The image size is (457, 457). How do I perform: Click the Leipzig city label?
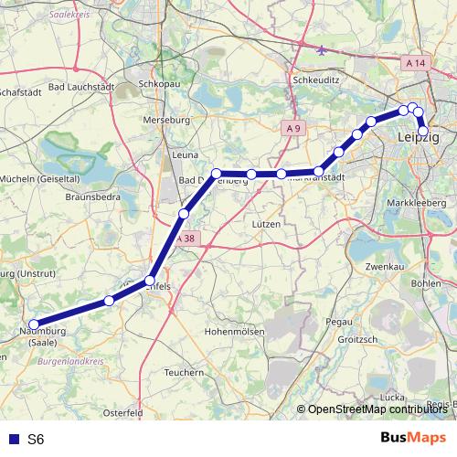click(x=420, y=137)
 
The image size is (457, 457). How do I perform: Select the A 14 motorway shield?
click(x=416, y=63)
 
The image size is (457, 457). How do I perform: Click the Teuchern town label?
click(x=183, y=372)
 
